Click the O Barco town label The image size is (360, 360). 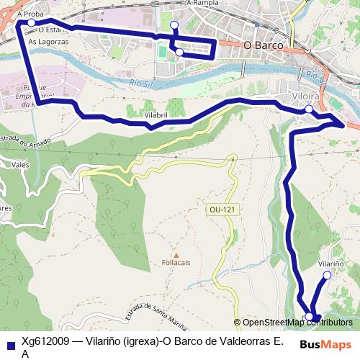[263, 45]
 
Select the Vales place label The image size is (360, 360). [20, 165]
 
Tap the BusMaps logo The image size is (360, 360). [325, 343]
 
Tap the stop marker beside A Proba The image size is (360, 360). [32, 23]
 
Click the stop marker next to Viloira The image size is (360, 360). [308, 109]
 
